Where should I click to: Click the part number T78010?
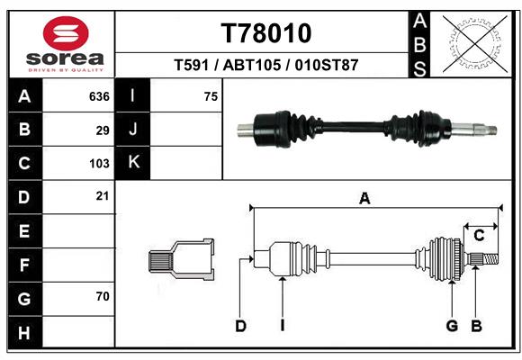coord(266,33)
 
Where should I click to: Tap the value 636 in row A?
coord(99,96)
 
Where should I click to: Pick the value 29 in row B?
coord(103,130)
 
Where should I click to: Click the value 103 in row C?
coord(99,164)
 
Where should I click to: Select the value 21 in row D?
coord(103,195)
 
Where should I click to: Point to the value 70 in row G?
coord(103,295)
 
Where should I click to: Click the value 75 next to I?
coord(211,96)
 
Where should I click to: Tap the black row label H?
coord(24,333)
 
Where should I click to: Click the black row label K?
coord(133,163)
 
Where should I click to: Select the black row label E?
coord(24,231)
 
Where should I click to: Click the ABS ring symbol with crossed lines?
coord(473,42)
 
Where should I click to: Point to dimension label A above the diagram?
coord(364,198)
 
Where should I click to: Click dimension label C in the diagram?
coord(480,235)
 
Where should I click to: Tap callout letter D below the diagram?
coord(240,326)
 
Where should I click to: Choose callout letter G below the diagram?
coord(452,326)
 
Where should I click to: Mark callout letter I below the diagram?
coord(282,326)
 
